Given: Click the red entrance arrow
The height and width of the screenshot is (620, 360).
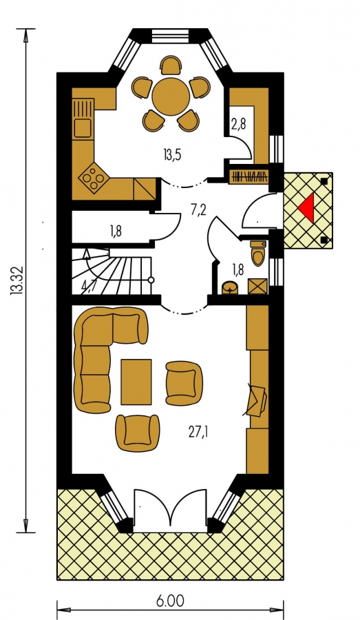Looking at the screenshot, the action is coord(307,207).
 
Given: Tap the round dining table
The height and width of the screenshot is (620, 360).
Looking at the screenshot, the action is coord(171,96).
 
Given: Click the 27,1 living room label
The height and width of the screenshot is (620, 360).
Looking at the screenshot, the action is coord(198,432).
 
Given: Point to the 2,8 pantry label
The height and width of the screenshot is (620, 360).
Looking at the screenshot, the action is coord(239,124).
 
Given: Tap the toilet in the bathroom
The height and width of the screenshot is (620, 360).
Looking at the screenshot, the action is coord(258,253).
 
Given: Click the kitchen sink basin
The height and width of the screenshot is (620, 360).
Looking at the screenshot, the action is coord(83,127).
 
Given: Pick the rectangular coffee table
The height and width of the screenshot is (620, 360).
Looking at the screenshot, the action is coord(136,382).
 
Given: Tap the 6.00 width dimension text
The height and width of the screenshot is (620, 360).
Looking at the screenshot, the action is coord(170,601).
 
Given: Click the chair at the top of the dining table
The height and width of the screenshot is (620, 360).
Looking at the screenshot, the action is coord(171,65).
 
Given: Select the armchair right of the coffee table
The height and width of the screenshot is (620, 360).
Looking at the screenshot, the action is coord(184,384).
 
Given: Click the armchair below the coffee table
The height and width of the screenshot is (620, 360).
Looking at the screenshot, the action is coord(138,433).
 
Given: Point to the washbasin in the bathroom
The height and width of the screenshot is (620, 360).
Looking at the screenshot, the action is coord(230,287).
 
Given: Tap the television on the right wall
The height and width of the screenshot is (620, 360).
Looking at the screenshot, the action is coord(255,400).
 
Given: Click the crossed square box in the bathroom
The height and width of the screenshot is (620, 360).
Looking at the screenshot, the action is coord(257,287).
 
